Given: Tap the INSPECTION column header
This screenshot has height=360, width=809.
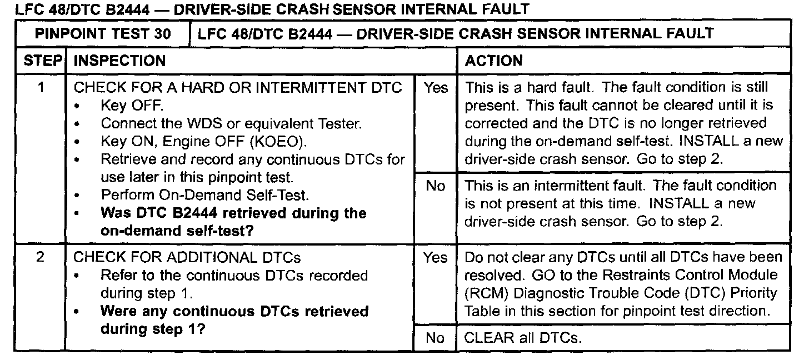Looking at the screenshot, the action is click(x=119, y=61).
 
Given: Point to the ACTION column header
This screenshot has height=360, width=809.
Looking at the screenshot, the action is click(x=493, y=61).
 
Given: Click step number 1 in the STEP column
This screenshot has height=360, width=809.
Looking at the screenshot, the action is click(x=40, y=88).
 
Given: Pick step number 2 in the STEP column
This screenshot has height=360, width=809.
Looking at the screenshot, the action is click(x=40, y=258).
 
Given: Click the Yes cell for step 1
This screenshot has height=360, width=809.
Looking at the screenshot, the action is click(x=435, y=88).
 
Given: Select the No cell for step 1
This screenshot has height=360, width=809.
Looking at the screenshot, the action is click(x=435, y=186).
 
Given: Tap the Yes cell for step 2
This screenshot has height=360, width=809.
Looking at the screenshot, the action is click(x=435, y=258).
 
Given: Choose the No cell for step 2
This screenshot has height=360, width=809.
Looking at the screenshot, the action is click(x=435, y=338).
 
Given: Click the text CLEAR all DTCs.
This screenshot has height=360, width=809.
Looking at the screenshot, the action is click(x=523, y=338).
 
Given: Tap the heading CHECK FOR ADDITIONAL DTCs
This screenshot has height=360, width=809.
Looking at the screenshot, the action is click(x=187, y=258).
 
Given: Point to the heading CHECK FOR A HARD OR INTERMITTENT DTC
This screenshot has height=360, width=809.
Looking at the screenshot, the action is click(x=238, y=88).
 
